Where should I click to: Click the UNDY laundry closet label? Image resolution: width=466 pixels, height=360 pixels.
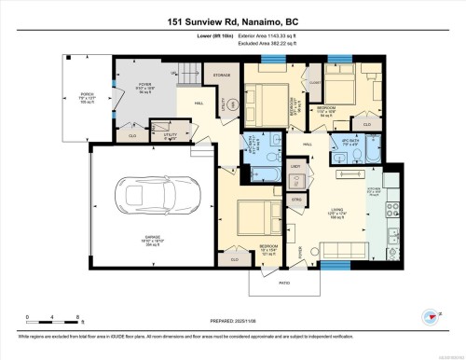pyautogui.click(x=295, y=165)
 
